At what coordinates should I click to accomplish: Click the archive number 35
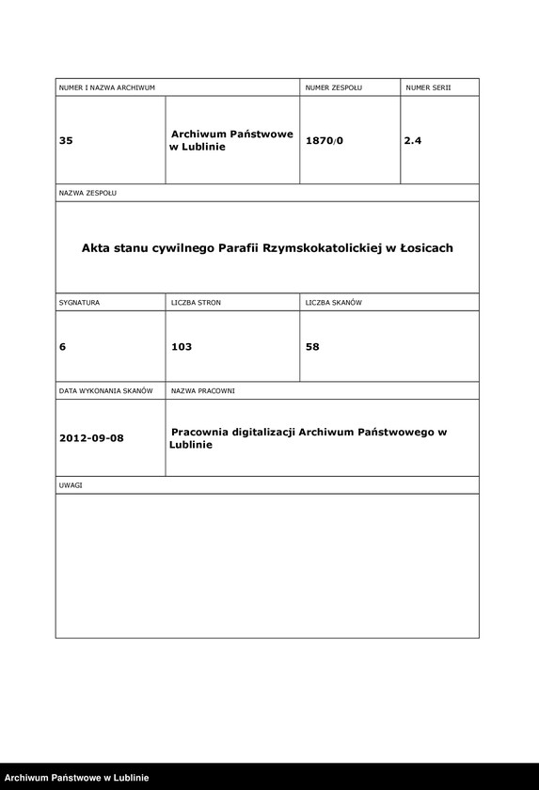tap(66, 141)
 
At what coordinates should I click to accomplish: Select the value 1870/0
tap(325, 141)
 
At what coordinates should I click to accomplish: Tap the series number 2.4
tap(413, 141)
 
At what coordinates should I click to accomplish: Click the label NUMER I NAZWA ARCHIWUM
tap(106, 87)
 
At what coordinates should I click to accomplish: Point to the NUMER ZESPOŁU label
tap(334, 87)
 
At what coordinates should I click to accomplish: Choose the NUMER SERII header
tap(429, 87)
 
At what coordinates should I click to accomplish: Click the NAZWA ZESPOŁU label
tap(87, 193)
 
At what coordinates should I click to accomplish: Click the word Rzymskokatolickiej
tap(318, 248)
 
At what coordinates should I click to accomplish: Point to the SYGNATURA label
tap(79, 303)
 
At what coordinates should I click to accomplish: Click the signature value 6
tap(62, 347)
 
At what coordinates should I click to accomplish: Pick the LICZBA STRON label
tap(196, 303)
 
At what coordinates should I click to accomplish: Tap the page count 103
tap(182, 347)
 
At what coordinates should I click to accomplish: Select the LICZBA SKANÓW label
tap(334, 303)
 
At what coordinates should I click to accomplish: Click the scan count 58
tap(313, 347)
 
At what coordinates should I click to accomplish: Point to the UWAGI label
tap(71, 485)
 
